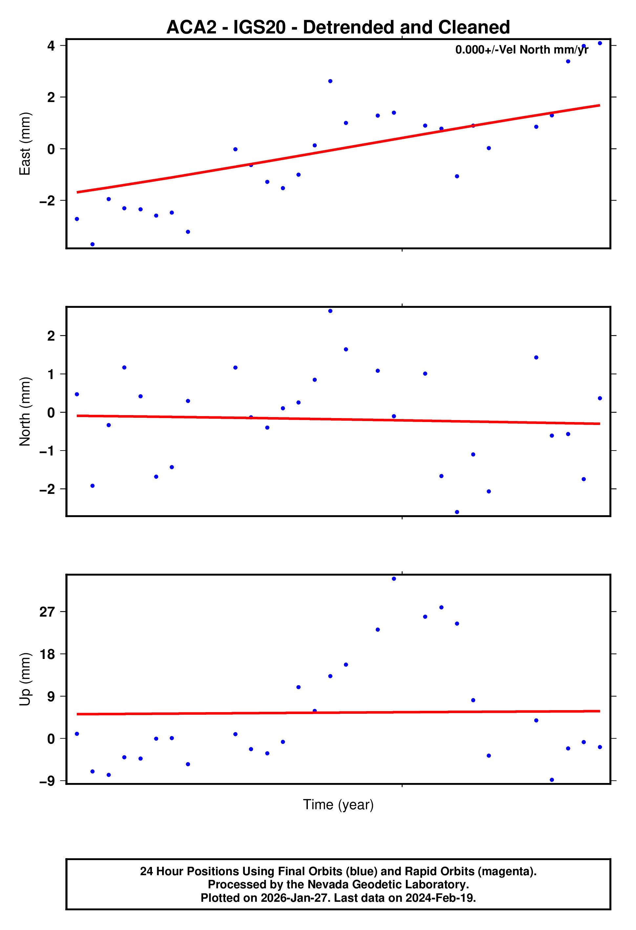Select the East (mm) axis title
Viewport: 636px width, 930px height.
(x=25, y=144)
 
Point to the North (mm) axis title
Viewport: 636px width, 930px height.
(x=25, y=412)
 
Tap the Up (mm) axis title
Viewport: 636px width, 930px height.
(x=25, y=679)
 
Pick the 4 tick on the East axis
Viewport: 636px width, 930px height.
(x=51, y=46)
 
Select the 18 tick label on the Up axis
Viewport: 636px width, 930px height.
(x=47, y=654)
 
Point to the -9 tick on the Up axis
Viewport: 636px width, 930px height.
(x=47, y=781)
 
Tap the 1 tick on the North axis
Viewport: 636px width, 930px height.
(x=51, y=374)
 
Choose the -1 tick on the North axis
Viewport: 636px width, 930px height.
(x=47, y=451)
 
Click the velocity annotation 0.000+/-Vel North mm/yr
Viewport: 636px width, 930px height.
(x=521, y=50)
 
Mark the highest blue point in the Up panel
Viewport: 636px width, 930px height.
(x=394, y=579)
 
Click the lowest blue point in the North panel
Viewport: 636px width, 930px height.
(x=457, y=512)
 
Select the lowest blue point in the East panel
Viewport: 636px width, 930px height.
(x=93, y=244)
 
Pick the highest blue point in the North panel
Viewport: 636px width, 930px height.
(x=330, y=311)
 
